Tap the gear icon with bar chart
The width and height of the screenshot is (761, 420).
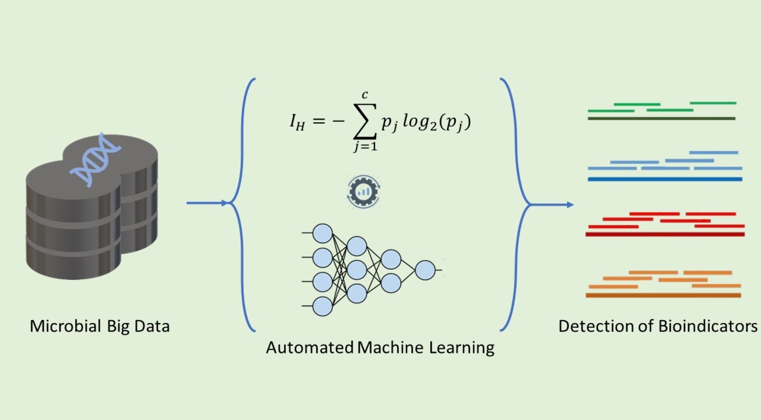coord(363,192)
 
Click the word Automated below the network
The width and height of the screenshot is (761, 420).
coord(309,348)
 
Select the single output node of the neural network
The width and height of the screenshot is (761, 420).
coord(425,270)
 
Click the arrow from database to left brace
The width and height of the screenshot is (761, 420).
coord(207,203)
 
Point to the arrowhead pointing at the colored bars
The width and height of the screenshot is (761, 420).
coord(570,205)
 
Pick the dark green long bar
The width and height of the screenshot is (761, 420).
coord(661,118)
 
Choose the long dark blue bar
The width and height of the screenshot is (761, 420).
coord(665,179)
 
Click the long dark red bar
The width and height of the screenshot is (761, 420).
coord(665,234)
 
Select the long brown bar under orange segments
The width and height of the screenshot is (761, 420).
coord(663,295)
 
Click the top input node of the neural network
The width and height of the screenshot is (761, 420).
coord(322,233)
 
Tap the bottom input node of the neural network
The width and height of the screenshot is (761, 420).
coord(322,306)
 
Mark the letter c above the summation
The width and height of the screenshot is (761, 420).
coord(365,95)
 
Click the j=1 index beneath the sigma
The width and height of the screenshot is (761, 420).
coord(365,146)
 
